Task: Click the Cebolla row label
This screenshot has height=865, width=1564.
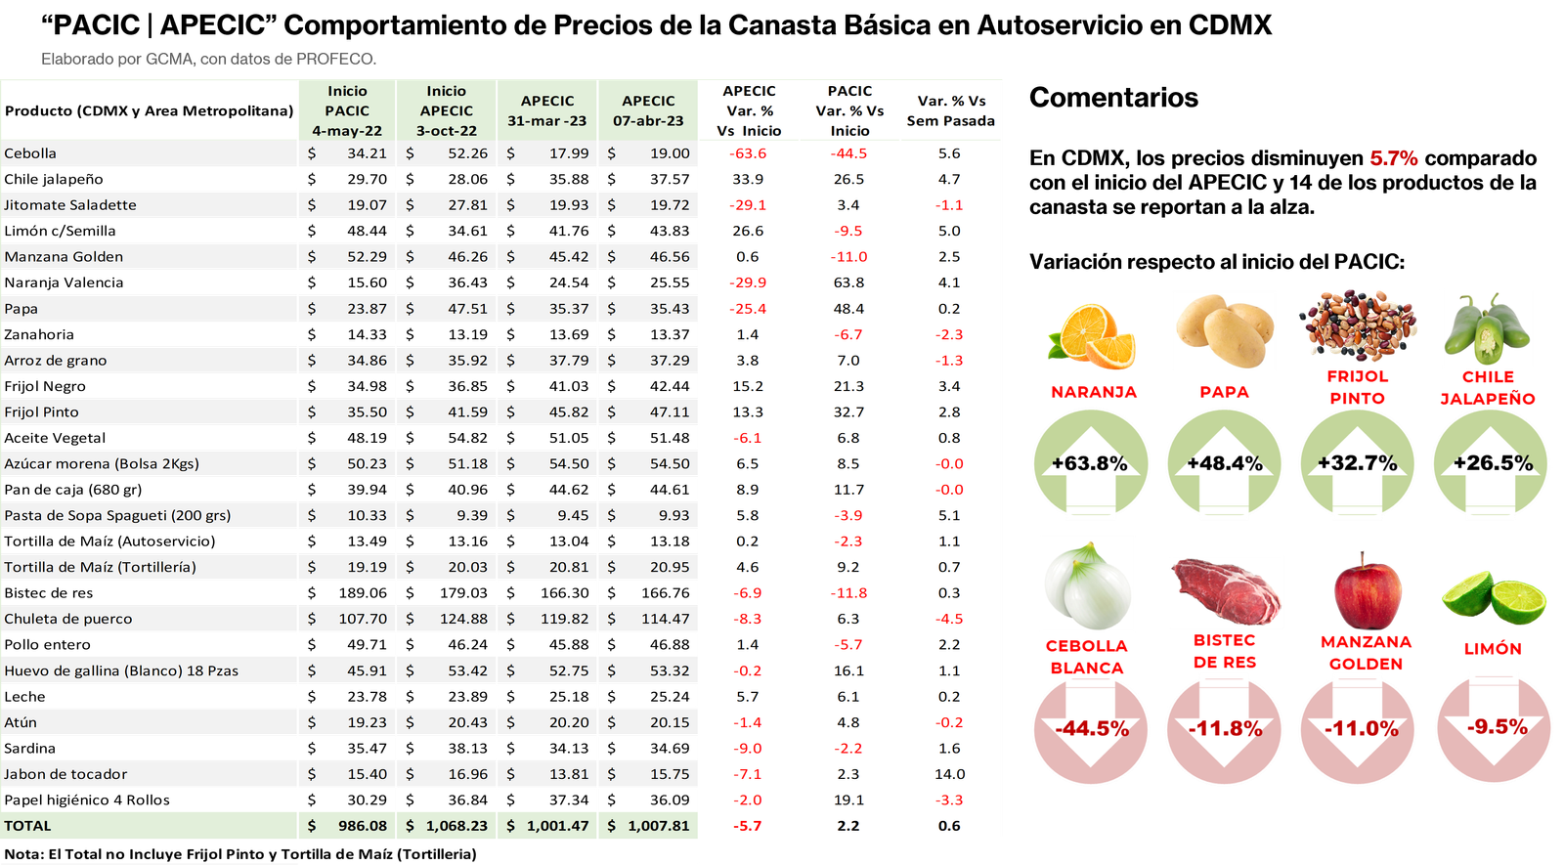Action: pyautogui.click(x=30, y=153)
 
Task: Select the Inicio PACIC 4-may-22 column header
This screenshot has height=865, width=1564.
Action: pyautogui.click(x=347, y=110)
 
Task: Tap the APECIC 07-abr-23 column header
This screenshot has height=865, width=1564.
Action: pyautogui.click(x=648, y=110)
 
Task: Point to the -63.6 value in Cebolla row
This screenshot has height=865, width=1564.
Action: pyautogui.click(x=748, y=153)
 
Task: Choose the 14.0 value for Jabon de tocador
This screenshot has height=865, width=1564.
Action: pyautogui.click(x=949, y=774)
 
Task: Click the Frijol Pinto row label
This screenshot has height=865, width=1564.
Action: pyautogui.click(x=41, y=412)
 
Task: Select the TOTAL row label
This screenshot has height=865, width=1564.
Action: pyautogui.click(x=27, y=826)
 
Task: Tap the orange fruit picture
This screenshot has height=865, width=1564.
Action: pyautogui.click(x=1092, y=336)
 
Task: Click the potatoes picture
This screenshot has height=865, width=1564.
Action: pyautogui.click(x=1223, y=329)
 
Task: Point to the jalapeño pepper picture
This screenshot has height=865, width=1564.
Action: pyautogui.click(x=1487, y=327)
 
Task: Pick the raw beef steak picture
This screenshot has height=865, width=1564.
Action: pyautogui.click(x=1226, y=591)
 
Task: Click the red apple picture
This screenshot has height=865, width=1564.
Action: pyautogui.click(x=1367, y=591)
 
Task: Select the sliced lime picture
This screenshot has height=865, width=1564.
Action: pyautogui.click(x=1493, y=595)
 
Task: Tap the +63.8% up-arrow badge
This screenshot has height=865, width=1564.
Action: pyautogui.click(x=1090, y=463)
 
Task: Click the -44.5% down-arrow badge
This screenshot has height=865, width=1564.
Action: pyautogui.click(x=1091, y=729)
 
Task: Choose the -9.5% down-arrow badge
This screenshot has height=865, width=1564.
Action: pyautogui.click(x=1496, y=727)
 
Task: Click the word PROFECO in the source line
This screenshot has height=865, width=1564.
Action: pyautogui.click(x=335, y=60)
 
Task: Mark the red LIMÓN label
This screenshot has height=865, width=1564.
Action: pyautogui.click(x=1493, y=648)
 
